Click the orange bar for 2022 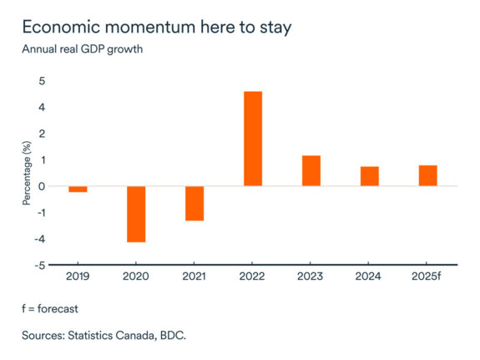[253, 139]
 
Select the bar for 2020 [136, 214]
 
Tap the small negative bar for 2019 [78, 189]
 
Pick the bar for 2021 [195, 203]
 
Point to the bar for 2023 [311, 170]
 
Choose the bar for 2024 [370, 176]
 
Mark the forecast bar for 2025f [427, 175]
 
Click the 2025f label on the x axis [427, 276]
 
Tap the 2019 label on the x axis [78, 276]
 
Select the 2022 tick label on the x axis [253, 276]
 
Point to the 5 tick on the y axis [42, 81]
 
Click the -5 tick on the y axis [39, 266]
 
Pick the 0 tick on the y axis [42, 186]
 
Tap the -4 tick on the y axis [39, 240]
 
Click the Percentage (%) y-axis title [26, 173]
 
